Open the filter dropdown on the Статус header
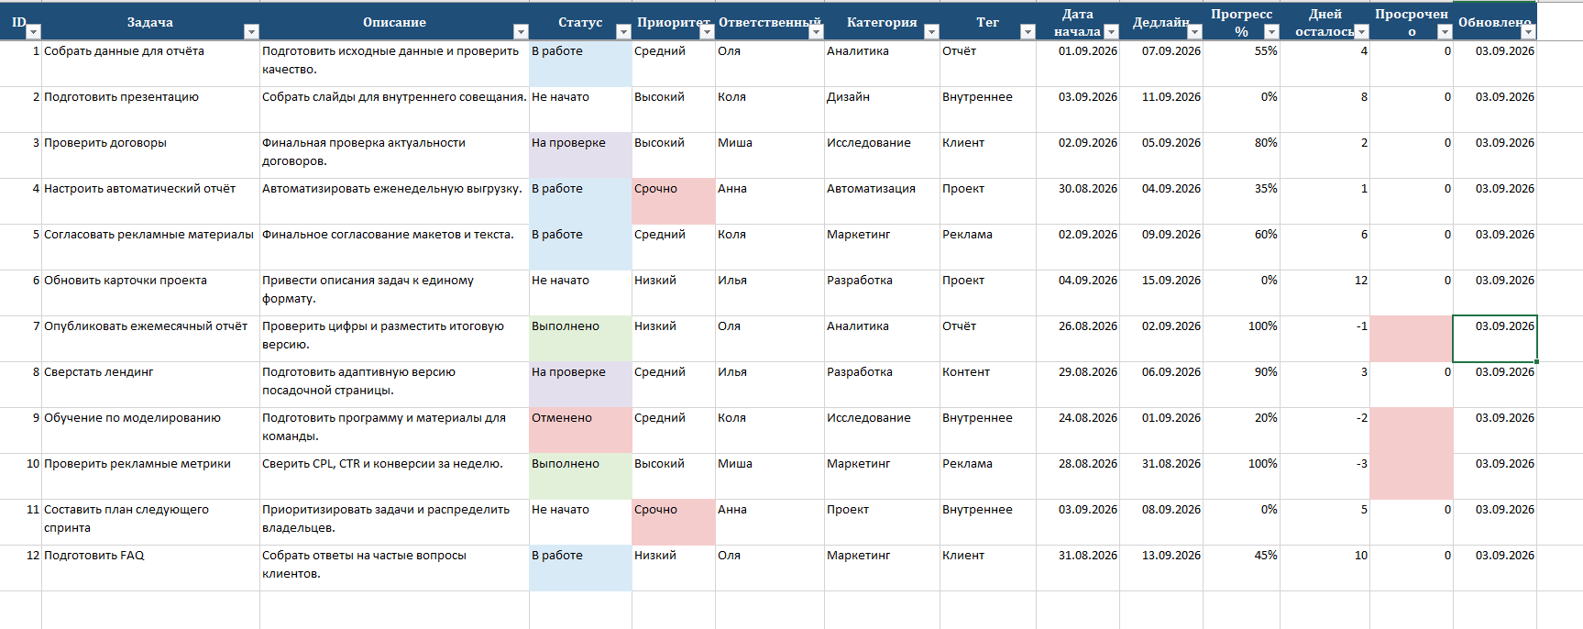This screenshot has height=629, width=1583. click(x=623, y=31)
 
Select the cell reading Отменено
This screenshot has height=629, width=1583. click(x=562, y=418)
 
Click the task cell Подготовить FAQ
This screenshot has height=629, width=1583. click(x=94, y=556)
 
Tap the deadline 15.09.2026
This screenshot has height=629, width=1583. click(x=1171, y=281)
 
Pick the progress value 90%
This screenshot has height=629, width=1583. click(x=1266, y=372)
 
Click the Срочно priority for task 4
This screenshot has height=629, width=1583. click(x=655, y=189)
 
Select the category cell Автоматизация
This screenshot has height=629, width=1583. click(x=871, y=189)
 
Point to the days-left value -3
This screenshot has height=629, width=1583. click(x=1362, y=464)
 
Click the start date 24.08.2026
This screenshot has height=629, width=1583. click(x=1088, y=418)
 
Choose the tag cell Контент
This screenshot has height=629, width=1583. click(x=966, y=372)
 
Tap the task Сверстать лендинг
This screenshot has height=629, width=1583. click(x=98, y=372)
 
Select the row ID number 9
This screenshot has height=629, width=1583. click(x=36, y=418)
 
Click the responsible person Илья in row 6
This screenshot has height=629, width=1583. click(x=732, y=281)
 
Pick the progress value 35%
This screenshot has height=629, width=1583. click(x=1266, y=189)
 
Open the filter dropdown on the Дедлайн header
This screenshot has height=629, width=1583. click(x=1194, y=31)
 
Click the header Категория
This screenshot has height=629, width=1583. click(x=882, y=22)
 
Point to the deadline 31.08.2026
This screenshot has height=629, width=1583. click(x=1171, y=464)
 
